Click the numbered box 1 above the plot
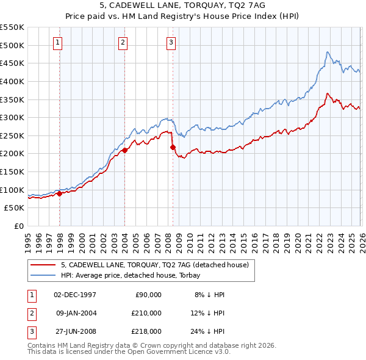(x=57, y=42)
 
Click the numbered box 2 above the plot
(x=123, y=42)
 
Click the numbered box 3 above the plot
(x=171, y=42)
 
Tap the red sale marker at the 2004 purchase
(x=124, y=149)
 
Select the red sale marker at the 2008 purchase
(x=173, y=147)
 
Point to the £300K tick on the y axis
(x=12, y=117)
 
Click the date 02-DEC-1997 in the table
(x=75, y=295)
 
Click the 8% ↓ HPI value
(x=209, y=295)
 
